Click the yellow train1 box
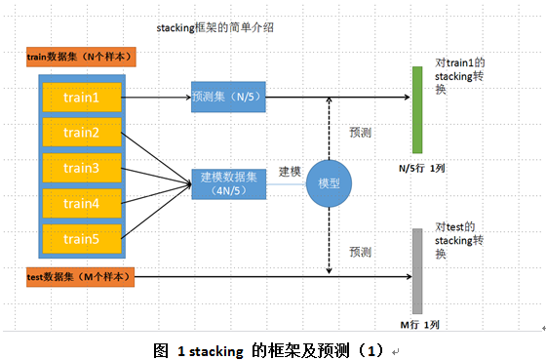82,98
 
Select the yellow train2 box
82,133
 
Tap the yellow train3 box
82,168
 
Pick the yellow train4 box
82,203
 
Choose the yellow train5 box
82,238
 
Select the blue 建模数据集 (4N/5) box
228,182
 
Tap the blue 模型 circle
329,182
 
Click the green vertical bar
417,110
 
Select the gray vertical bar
417,270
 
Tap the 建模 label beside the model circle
292,171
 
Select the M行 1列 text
420,324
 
